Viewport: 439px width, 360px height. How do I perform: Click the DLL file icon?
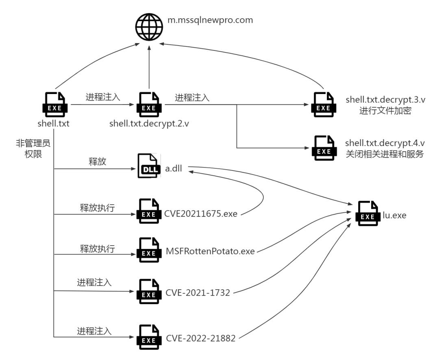click(x=149, y=166)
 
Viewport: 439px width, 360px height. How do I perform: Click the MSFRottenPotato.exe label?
click(x=210, y=251)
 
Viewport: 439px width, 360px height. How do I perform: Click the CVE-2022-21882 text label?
click(x=201, y=338)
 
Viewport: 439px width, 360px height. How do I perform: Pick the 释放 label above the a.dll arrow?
click(x=98, y=161)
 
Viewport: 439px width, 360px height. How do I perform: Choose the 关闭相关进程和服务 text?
click(x=385, y=154)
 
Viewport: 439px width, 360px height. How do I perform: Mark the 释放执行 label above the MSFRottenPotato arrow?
click(x=97, y=249)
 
